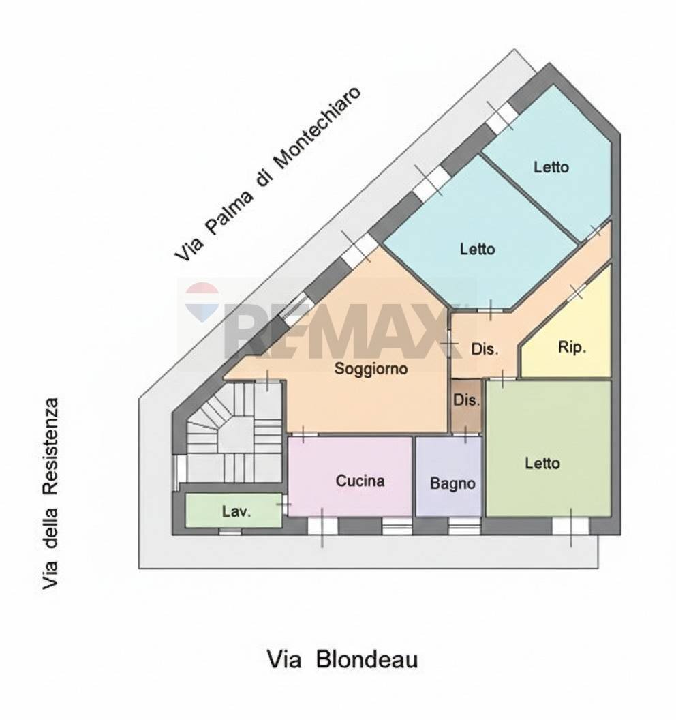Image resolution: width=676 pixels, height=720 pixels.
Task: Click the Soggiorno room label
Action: (371, 370)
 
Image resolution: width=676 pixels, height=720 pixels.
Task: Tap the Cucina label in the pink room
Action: (360, 481)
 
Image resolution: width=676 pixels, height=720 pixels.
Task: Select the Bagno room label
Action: (452, 483)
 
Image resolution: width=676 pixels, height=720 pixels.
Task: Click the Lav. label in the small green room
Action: (236, 512)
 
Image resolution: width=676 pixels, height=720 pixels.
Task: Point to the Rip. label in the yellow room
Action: (572, 347)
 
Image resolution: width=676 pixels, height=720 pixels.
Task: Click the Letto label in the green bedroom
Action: (542, 464)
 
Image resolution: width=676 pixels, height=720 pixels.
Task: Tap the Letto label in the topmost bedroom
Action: (551, 166)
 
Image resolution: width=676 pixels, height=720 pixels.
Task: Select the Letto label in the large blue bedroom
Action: (477, 250)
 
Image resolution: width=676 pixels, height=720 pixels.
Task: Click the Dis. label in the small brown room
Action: (467, 400)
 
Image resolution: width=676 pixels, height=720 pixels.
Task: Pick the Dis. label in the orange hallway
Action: (485, 349)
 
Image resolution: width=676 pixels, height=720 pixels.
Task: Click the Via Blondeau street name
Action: (342, 660)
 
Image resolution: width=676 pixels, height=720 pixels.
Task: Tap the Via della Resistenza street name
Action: (49, 494)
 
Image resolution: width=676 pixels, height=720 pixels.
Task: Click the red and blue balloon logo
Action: (202, 302)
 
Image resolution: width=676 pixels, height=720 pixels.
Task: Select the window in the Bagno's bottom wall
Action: (464, 526)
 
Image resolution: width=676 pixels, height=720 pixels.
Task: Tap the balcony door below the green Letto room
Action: (570, 526)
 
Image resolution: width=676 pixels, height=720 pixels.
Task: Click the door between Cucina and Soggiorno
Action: (303, 433)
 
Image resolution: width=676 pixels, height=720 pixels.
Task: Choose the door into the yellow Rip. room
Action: (577, 292)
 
